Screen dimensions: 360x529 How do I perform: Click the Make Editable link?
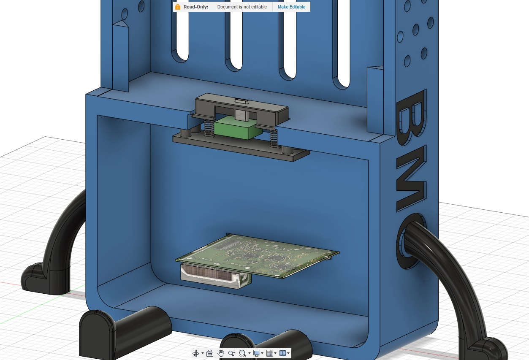tap(291, 7)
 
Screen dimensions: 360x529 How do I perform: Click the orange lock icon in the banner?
tap(178, 7)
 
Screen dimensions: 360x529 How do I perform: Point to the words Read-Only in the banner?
tap(196, 7)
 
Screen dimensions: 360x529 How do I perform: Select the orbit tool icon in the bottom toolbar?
tap(196, 353)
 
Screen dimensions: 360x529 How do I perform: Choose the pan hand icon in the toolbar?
tap(221, 353)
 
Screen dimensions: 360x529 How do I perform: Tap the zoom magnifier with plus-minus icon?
tap(232, 353)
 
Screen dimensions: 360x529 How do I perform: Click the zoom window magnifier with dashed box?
tap(243, 353)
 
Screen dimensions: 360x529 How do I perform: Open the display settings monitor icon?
tap(256, 353)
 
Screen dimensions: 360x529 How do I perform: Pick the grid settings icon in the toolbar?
tap(270, 353)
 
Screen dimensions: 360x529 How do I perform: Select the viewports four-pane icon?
tap(283, 353)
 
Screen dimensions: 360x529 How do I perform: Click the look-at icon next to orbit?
tap(210, 353)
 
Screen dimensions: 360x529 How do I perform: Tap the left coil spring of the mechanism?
tap(208, 128)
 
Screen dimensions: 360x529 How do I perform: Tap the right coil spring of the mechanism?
tap(274, 138)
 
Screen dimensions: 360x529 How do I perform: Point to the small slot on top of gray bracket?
tap(241, 100)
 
